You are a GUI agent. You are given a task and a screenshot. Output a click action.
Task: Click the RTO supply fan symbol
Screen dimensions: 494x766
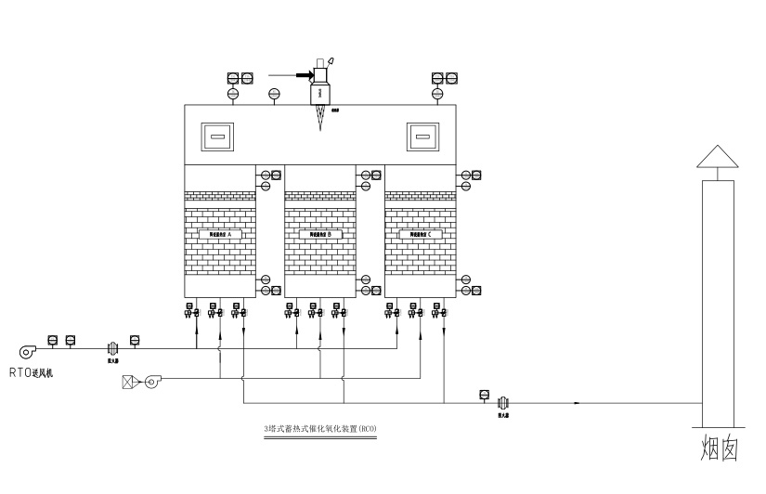pyautogui.click(x=26, y=351)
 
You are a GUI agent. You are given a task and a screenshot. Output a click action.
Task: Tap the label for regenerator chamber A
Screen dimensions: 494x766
pyautogui.click(x=220, y=236)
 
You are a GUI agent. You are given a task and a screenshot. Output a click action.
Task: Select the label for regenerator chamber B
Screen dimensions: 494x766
pyautogui.click(x=320, y=236)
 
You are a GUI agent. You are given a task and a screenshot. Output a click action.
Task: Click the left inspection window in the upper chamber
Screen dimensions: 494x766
pyautogui.click(x=219, y=138)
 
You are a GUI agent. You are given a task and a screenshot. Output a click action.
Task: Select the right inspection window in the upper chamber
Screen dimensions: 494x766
pyautogui.click(x=423, y=138)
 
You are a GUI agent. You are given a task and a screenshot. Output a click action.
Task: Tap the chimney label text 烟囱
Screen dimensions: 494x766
pyautogui.click(x=718, y=448)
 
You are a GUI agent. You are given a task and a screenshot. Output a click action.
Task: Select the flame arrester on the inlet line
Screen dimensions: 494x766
pyautogui.click(x=110, y=349)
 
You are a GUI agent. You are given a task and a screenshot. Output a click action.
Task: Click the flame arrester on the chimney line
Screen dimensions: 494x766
pyautogui.click(x=503, y=402)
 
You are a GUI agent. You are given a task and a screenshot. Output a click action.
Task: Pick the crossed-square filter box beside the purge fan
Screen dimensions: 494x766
pyautogui.click(x=129, y=380)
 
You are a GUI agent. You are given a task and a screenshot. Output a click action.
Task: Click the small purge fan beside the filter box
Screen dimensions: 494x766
pyautogui.click(x=150, y=380)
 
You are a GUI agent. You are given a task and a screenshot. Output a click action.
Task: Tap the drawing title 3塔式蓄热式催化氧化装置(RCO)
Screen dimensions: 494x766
pyautogui.click(x=320, y=429)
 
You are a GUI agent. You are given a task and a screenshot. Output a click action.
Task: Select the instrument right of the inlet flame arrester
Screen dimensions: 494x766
pyautogui.click(x=135, y=339)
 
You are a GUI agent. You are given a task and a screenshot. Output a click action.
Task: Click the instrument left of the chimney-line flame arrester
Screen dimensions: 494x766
pyautogui.click(x=484, y=395)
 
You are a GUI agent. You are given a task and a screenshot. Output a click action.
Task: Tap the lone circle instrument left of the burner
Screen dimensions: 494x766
pyautogui.click(x=273, y=94)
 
